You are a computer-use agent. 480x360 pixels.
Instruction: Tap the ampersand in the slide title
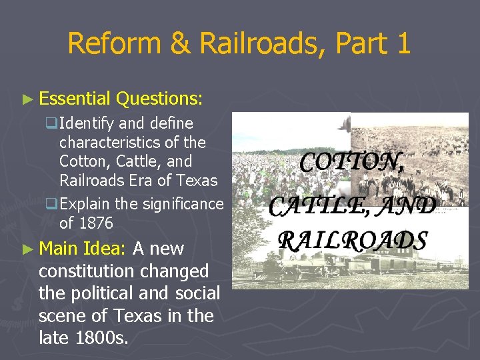[180, 44]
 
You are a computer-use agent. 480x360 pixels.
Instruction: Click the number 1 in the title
[402, 44]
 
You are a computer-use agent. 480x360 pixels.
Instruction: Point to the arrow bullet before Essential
[27, 99]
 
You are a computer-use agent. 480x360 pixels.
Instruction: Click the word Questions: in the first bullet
[159, 99]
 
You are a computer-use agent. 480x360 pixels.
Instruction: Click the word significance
[181, 203]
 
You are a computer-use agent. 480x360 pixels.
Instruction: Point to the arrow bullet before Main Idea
[27, 249]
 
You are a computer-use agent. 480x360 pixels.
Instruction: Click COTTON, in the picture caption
[351, 162]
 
